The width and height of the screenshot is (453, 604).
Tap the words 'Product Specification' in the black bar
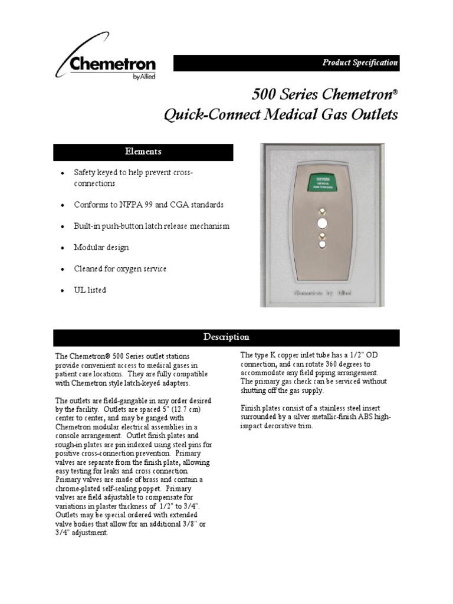[x=360, y=63]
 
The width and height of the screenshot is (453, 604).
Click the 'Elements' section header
[x=143, y=152]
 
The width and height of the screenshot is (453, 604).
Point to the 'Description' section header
[x=226, y=337]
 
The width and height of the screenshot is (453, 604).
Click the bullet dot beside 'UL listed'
[x=63, y=291]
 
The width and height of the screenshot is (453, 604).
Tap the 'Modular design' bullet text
[x=101, y=248]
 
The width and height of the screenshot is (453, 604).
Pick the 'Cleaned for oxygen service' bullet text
[x=120, y=269]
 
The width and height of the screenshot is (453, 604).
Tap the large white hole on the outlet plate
[x=323, y=223]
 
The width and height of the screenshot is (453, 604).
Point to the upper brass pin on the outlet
[x=323, y=211]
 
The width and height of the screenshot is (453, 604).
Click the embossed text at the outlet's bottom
[x=323, y=293]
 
